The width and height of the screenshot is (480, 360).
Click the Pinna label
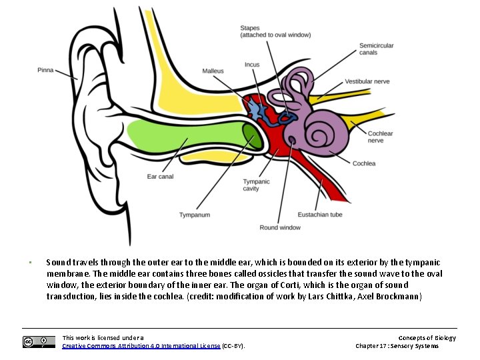45,69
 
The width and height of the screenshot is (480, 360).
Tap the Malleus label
213,71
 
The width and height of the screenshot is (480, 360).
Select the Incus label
252,65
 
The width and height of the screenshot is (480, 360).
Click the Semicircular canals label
376,49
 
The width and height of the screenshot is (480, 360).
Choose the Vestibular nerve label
367,81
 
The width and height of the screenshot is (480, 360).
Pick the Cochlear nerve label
380,137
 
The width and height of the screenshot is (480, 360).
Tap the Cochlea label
364,163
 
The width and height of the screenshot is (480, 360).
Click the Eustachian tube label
320,215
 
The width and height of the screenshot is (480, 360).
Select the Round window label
280,227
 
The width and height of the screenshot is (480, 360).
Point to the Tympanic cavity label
256,185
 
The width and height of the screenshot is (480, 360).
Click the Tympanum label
194,215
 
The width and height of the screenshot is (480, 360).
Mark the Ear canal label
160,176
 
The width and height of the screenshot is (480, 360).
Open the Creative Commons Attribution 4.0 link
140,346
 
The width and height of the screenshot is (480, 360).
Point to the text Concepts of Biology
427,337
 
